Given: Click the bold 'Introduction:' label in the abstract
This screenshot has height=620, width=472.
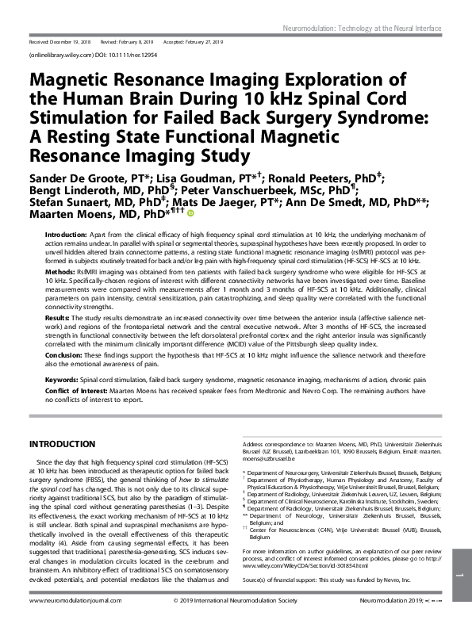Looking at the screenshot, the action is coord(65,236).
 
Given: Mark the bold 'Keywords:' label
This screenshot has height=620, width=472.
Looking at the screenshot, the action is coord(60,381).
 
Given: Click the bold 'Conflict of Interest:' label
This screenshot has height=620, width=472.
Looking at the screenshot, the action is coord(78,390).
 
